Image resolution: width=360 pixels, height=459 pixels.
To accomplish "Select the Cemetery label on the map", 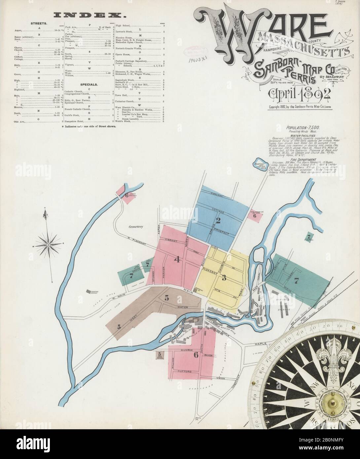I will click(136, 227).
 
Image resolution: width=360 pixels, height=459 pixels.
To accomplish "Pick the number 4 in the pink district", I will click(177, 260).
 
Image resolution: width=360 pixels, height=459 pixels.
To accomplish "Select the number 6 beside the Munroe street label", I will click(196, 355).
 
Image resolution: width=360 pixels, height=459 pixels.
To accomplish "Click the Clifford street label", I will click(185, 371).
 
